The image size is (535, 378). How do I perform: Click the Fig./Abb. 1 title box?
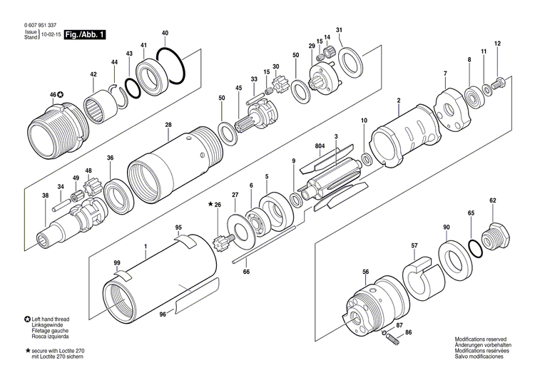tap(83, 34)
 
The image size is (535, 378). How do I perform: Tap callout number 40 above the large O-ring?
tap(165, 34)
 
